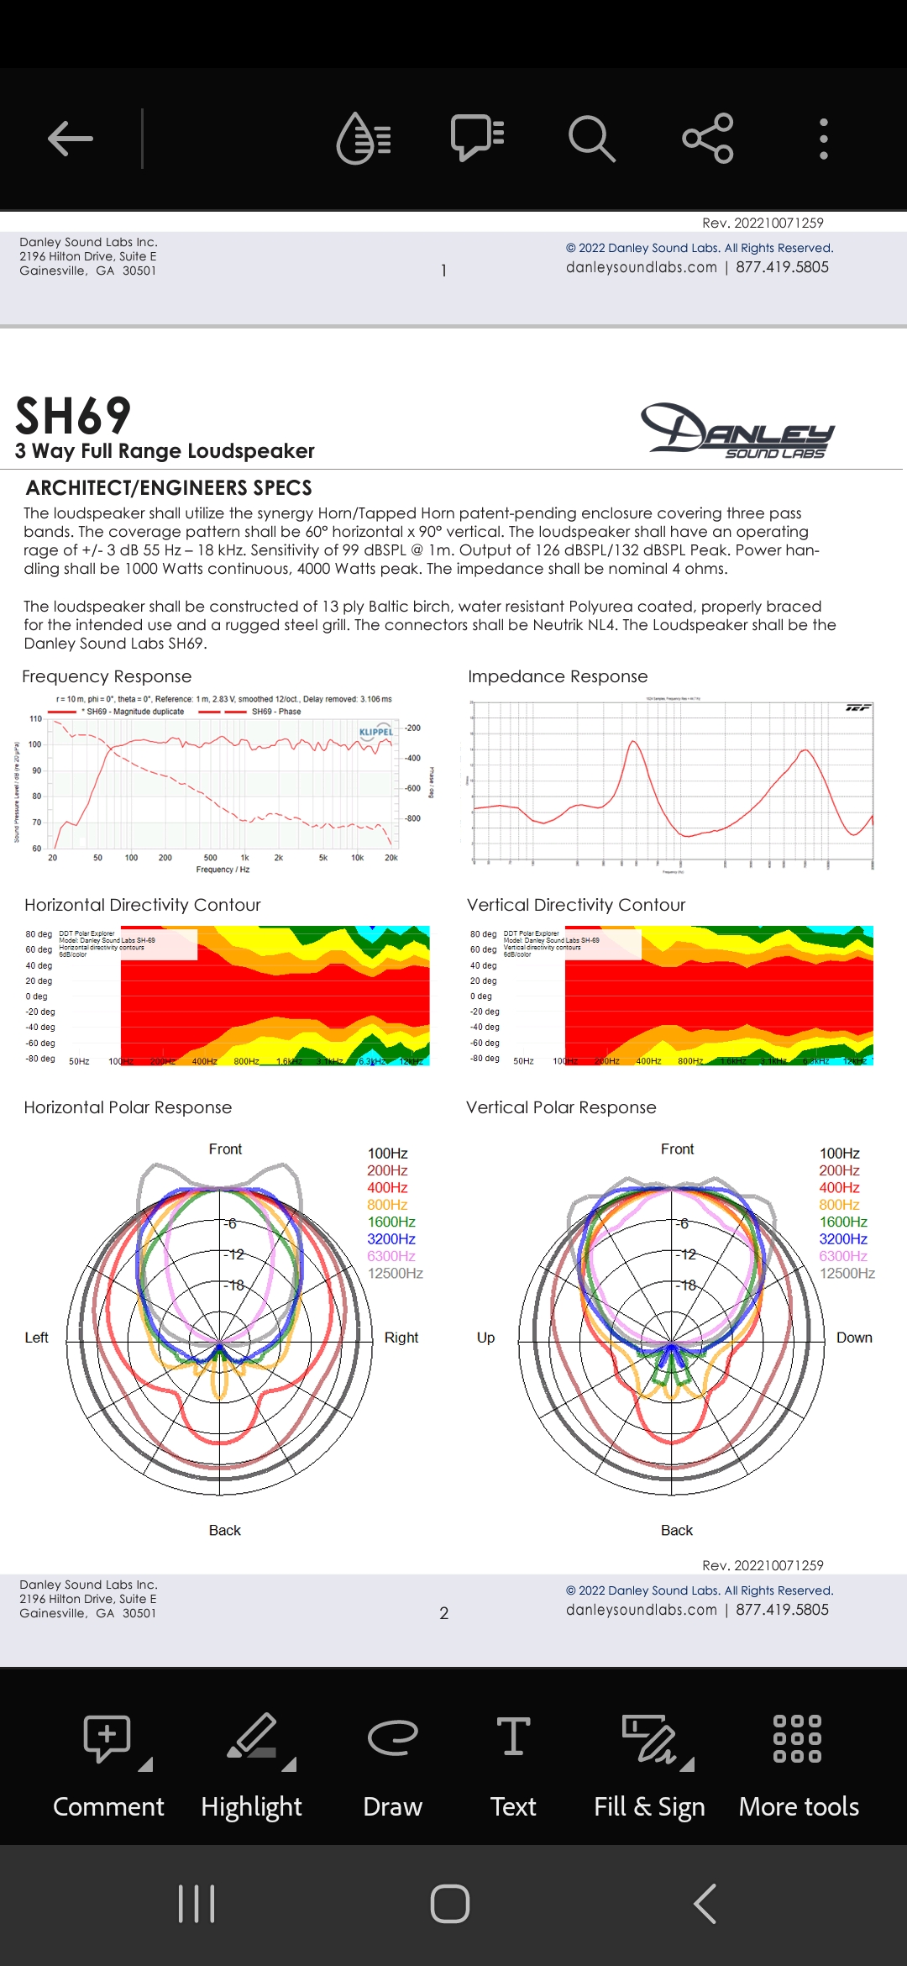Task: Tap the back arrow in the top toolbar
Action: [x=71, y=139]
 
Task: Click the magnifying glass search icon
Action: [x=592, y=139]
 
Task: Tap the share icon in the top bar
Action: [x=708, y=139]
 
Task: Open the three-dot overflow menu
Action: [x=824, y=139]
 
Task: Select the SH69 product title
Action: [x=74, y=416]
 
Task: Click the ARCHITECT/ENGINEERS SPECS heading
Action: [x=169, y=488]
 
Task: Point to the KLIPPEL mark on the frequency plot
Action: [x=375, y=732]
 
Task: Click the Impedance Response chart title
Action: [x=558, y=676]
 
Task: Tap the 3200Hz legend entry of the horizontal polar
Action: [x=391, y=1239]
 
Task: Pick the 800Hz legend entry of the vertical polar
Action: [x=838, y=1205]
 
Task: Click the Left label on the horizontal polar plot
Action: [x=37, y=1338]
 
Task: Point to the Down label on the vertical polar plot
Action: [x=854, y=1338]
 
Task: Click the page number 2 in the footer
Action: [x=444, y=1613]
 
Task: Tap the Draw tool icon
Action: [x=392, y=1737]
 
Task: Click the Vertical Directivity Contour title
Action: [x=576, y=905]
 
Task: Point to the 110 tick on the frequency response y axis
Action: [x=35, y=719]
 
